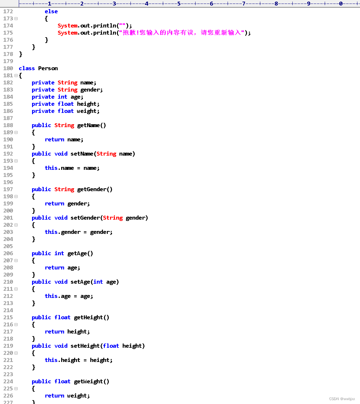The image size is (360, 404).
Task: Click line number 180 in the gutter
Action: click(x=8, y=68)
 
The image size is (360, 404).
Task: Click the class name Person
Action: click(x=48, y=68)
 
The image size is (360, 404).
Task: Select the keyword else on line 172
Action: click(x=51, y=11)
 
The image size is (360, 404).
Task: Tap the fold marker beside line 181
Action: click(x=16, y=75)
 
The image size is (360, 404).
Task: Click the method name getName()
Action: click(x=91, y=125)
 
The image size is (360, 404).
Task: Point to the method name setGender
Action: click(x=85, y=218)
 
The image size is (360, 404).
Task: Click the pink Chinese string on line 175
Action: click(x=182, y=33)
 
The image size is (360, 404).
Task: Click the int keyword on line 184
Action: click(x=62, y=97)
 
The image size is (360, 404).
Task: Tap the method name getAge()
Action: click(x=80, y=253)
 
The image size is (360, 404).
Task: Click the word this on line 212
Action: click(x=51, y=296)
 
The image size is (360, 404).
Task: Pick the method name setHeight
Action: click(x=85, y=346)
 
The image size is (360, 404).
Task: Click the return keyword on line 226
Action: click(x=54, y=396)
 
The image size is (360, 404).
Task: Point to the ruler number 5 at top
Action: click(x=179, y=4)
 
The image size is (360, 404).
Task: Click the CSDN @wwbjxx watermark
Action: click(x=342, y=399)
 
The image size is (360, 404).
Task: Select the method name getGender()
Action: click(x=95, y=189)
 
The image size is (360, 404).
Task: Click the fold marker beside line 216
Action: click(x=16, y=324)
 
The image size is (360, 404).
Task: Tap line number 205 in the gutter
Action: click(x=8, y=246)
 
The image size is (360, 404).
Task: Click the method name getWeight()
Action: click(x=91, y=381)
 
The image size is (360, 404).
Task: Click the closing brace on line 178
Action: click(x=21, y=54)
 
